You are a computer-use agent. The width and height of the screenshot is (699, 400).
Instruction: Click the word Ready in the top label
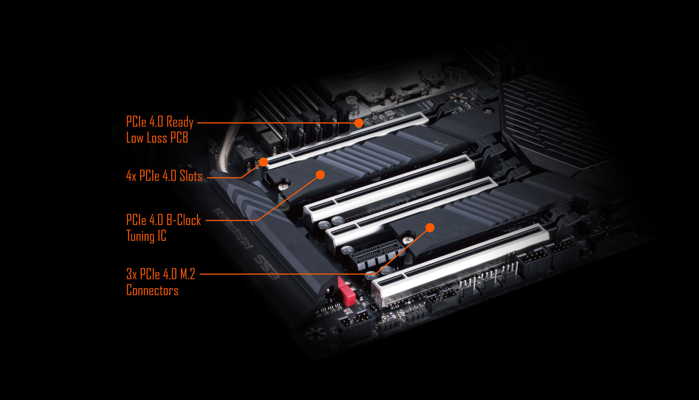pyautogui.click(x=180, y=122)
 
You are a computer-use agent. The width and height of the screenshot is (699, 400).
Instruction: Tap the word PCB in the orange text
pyautogui.click(x=179, y=138)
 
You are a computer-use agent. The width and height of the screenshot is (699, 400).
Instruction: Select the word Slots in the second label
pyautogui.click(x=191, y=176)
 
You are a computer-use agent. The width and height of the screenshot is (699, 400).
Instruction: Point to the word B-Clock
pyautogui.click(x=183, y=220)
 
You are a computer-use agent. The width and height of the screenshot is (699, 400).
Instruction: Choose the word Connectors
pyautogui.click(x=152, y=290)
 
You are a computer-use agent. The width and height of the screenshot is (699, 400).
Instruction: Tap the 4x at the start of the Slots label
pyautogui.click(x=131, y=176)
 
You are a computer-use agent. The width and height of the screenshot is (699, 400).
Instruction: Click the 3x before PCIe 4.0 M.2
pyautogui.click(x=131, y=274)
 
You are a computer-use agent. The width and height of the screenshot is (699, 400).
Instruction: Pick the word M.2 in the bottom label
pyautogui.click(x=188, y=274)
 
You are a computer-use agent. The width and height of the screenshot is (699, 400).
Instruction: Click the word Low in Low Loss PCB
pyautogui.click(x=135, y=138)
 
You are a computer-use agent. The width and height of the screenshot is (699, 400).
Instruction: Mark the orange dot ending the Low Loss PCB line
pyautogui.click(x=359, y=123)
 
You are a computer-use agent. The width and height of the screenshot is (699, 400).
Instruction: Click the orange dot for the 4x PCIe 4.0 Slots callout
pyautogui.click(x=263, y=162)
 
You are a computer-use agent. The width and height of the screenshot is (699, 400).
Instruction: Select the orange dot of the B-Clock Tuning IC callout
pyautogui.click(x=320, y=175)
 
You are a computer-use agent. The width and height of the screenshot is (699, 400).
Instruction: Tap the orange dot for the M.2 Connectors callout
pyautogui.click(x=430, y=228)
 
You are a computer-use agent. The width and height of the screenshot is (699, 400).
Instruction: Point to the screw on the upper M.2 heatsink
pyautogui.click(x=283, y=186)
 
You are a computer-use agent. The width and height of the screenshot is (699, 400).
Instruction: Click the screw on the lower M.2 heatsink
pyautogui.click(x=407, y=240)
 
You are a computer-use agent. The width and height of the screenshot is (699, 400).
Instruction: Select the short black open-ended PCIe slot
pyautogui.click(x=377, y=255)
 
